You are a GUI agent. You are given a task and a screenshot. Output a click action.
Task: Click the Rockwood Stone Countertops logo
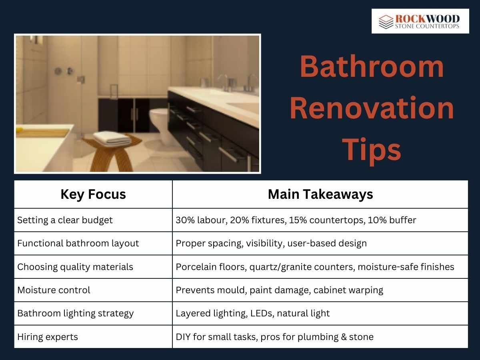point(420,21)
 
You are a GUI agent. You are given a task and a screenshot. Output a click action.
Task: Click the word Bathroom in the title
point(372,67)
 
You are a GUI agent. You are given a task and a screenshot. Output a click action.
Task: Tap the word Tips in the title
point(372,149)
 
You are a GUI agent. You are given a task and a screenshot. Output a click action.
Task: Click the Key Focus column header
point(93,194)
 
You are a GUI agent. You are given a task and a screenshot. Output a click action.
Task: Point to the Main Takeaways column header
point(320,194)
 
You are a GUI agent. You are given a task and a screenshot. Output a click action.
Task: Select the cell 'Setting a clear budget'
point(65,220)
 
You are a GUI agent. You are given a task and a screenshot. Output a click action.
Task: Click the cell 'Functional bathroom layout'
point(78,243)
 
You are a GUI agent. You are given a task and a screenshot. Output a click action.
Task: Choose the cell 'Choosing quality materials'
point(75,267)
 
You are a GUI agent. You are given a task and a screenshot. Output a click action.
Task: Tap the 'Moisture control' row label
point(54,290)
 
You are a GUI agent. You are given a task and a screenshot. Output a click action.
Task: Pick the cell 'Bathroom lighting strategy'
point(75,313)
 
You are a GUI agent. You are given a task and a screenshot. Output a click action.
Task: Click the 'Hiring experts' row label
point(47,337)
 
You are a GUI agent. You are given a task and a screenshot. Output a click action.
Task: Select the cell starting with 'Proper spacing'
point(271,243)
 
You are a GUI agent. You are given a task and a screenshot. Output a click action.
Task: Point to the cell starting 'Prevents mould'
point(279,290)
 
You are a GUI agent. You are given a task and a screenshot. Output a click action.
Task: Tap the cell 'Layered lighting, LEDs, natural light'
point(252,313)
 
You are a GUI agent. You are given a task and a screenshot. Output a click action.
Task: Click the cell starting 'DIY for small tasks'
point(274,337)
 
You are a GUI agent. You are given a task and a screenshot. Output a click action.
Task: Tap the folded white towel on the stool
point(112,138)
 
